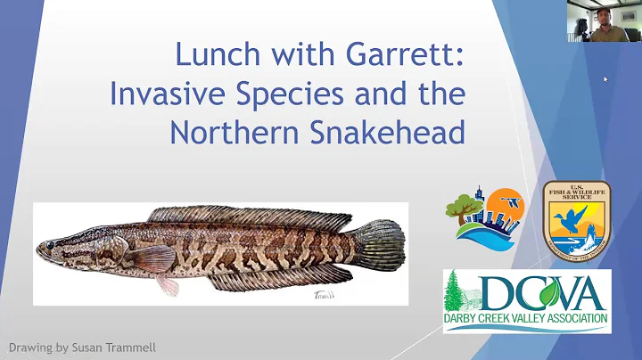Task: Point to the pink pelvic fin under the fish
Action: (168, 283)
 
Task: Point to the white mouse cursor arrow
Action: (606, 79)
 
